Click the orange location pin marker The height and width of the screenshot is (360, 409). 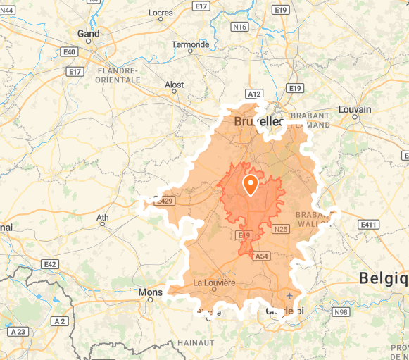[x=250, y=185]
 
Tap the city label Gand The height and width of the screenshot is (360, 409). [x=89, y=33]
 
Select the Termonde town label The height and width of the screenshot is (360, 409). [x=191, y=44]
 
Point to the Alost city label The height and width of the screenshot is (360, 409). [x=174, y=85]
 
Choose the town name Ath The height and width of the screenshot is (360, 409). [x=103, y=217]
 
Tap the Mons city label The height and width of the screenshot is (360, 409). [x=151, y=291]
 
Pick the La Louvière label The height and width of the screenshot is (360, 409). [x=214, y=283]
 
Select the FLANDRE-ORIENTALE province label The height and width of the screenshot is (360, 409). [x=119, y=75]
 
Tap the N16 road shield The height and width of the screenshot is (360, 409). [x=240, y=27]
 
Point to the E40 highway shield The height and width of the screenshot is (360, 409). [x=69, y=52]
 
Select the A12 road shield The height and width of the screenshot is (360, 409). [x=254, y=94]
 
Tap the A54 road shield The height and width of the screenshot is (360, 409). [x=261, y=255]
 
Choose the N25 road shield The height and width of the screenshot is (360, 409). [x=281, y=229]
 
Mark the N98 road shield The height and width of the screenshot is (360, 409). [x=341, y=312]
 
